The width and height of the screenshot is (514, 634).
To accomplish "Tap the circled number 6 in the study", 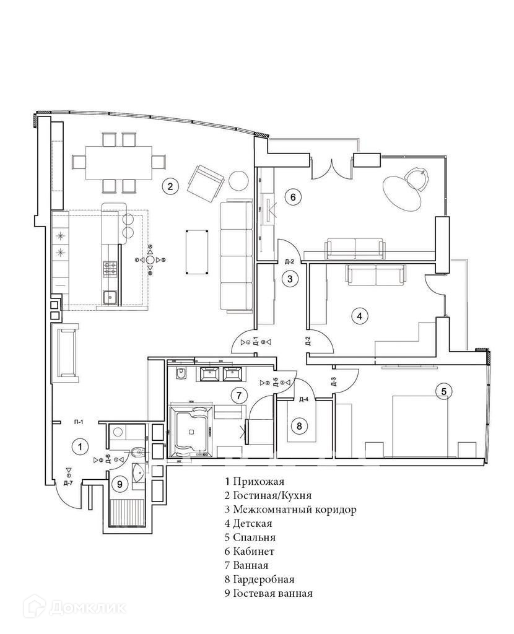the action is pos(293,198).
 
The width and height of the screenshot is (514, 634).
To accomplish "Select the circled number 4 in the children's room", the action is pos(360,316).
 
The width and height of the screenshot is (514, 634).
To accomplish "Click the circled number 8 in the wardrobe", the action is pos(299,426).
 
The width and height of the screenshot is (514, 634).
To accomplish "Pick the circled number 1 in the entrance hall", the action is pos(79,445).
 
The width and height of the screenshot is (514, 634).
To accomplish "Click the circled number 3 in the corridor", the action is pos(290,279).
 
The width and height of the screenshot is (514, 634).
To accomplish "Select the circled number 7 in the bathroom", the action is pos(235,394).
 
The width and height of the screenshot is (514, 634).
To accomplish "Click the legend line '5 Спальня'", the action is pos(250,537).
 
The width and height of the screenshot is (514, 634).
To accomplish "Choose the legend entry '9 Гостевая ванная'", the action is pos(269,593).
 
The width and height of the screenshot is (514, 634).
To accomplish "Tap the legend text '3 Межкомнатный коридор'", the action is pos(290,510).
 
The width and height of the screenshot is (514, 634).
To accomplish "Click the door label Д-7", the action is pos(68,482).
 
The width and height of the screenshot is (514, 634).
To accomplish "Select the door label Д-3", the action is pos(333,381).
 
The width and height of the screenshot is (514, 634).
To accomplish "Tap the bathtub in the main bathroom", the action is pos(191,429).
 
